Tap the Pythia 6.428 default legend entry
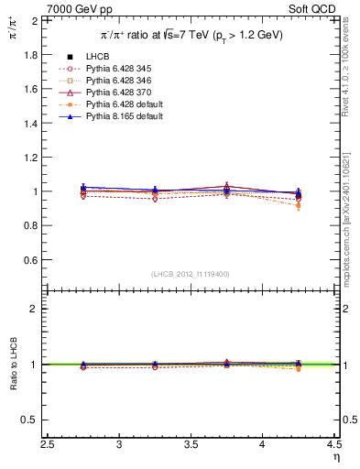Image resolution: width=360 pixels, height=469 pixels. [x=122, y=105]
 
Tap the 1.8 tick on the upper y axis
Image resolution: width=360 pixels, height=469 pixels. [x=32, y=55]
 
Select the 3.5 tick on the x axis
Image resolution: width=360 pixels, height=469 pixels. [x=191, y=445]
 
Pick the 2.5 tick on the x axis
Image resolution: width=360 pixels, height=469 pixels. [x=48, y=445]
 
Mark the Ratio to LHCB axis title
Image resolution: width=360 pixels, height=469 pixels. [x=14, y=365]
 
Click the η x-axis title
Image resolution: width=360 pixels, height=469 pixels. [x=334, y=458]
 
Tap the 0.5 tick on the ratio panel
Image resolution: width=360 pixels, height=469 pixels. [x=32, y=420]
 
